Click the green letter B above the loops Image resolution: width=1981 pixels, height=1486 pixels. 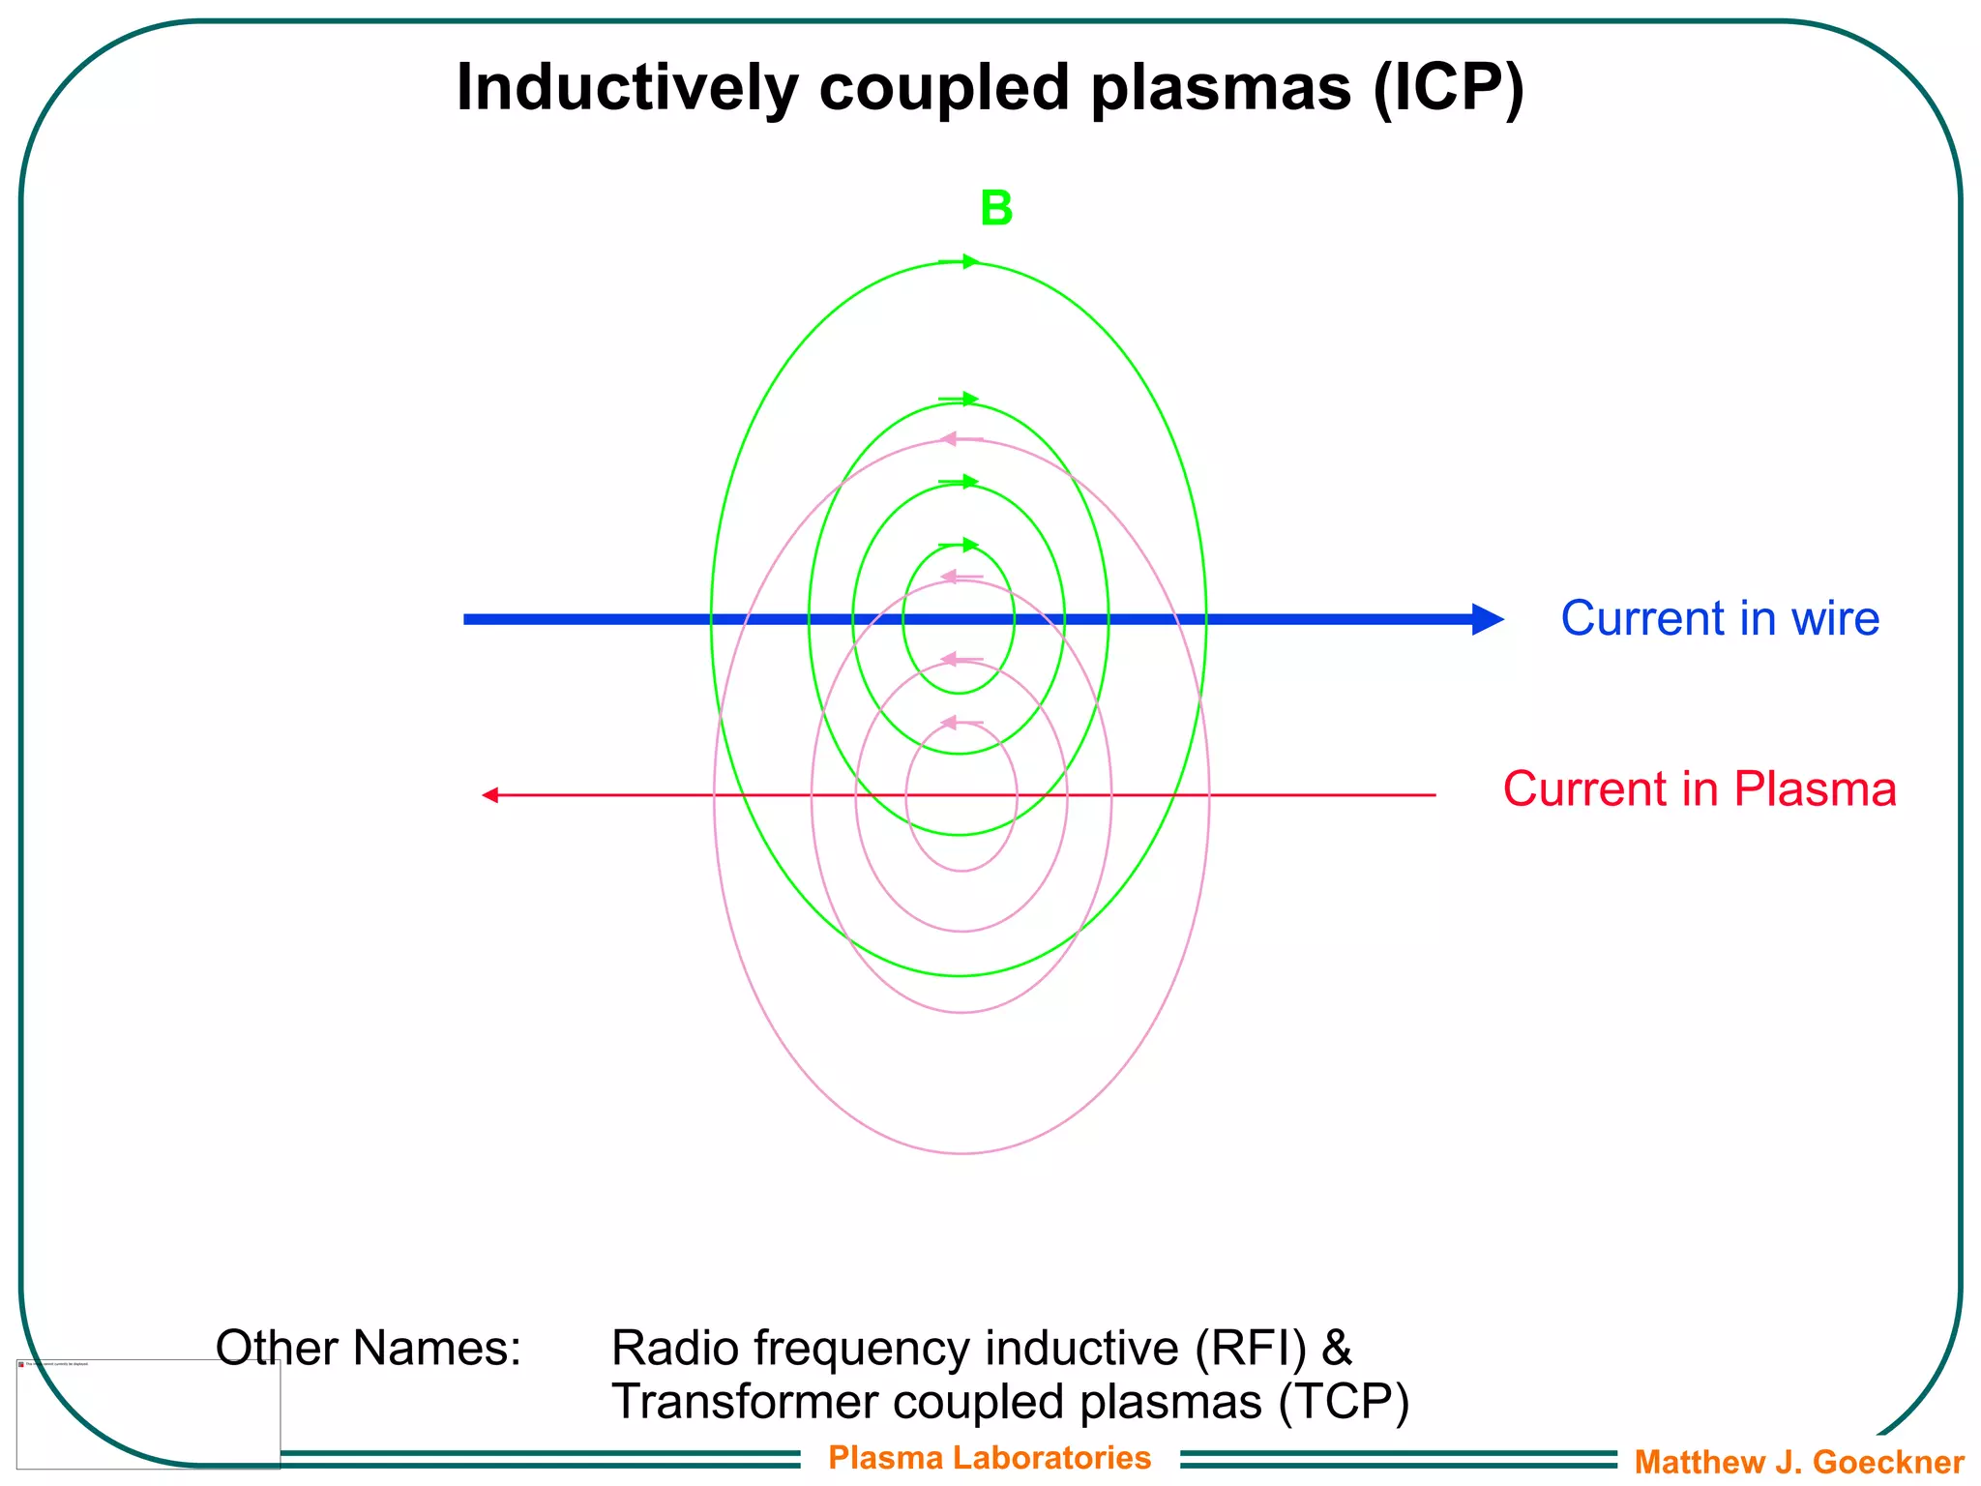[996, 209]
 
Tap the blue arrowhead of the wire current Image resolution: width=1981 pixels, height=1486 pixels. [1488, 619]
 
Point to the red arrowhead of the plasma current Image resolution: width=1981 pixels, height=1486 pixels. [490, 795]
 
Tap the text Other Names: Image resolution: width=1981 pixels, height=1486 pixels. [369, 1348]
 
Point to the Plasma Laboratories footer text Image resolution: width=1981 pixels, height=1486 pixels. [990, 1457]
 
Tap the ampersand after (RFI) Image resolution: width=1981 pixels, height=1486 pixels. [1336, 1348]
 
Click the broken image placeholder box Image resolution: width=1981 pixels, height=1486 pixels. [148, 1413]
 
